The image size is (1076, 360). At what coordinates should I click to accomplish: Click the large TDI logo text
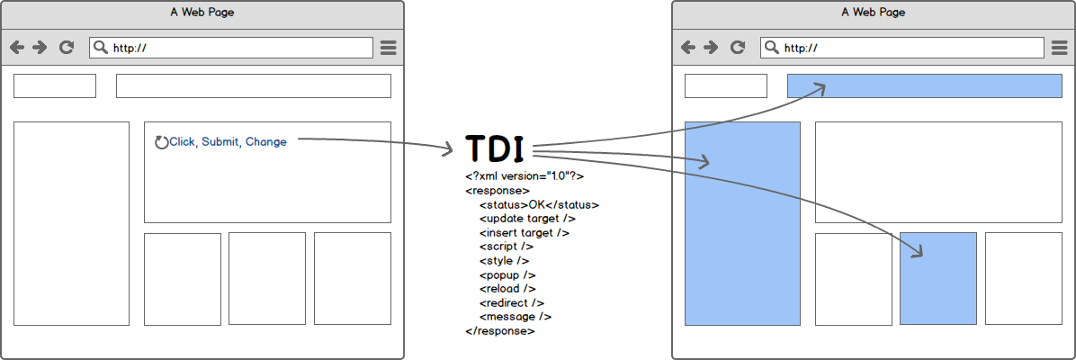tap(495, 148)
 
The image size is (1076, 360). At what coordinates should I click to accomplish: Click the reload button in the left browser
tap(66, 48)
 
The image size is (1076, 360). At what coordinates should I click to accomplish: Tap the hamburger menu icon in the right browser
tap(1060, 48)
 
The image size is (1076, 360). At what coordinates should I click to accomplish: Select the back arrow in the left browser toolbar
tap(17, 48)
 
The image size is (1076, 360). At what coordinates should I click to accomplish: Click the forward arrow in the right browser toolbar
tap(711, 48)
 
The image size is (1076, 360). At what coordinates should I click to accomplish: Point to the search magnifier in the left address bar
tap(101, 48)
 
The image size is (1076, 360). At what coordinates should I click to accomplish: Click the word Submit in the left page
tap(220, 142)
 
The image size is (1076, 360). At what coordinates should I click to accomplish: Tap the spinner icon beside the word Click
tap(162, 142)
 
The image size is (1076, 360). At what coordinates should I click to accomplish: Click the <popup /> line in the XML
tap(507, 274)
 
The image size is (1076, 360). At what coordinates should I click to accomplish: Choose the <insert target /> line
tap(525, 232)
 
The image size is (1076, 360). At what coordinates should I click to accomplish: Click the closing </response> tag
tap(500, 331)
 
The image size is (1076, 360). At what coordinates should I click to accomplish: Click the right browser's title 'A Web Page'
tap(873, 13)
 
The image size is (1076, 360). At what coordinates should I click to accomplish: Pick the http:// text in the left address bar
tap(130, 49)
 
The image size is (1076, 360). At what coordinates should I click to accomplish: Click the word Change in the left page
tap(266, 142)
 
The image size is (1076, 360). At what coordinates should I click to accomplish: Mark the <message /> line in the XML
tap(516, 317)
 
